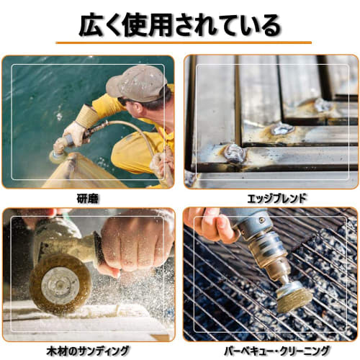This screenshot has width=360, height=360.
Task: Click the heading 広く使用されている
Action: [x=179, y=25]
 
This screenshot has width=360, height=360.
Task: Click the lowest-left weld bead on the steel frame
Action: [x=234, y=153]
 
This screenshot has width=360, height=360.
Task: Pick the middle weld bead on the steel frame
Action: [x=282, y=130]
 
